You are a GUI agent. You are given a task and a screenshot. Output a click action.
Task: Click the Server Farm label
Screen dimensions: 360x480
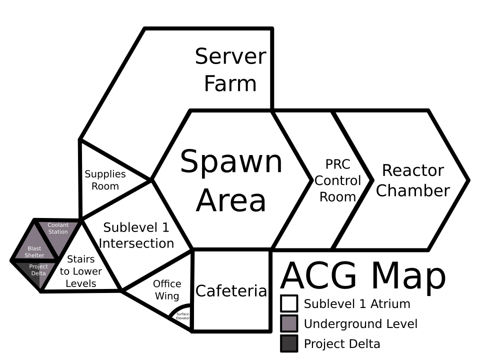[230, 70]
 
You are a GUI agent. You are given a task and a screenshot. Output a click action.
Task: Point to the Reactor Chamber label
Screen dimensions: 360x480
[412, 180]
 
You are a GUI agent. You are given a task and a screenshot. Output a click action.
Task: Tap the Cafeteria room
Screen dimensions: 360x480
[231, 290]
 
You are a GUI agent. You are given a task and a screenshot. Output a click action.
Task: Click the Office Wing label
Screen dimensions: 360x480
[167, 290]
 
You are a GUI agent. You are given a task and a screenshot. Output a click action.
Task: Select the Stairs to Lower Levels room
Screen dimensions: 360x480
[80, 271]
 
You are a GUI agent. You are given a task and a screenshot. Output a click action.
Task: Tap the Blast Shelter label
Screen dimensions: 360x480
[34, 252]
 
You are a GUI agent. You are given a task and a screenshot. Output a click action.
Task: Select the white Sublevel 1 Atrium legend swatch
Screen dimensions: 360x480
[289, 303]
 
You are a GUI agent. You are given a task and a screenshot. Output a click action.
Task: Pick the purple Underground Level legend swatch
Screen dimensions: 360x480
[289, 323]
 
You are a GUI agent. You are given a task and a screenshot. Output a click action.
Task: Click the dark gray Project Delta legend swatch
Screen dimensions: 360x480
[289, 343]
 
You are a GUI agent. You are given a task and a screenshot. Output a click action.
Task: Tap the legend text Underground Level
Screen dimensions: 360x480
[360, 324]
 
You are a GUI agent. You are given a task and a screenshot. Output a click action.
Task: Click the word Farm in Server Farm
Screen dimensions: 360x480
[230, 83]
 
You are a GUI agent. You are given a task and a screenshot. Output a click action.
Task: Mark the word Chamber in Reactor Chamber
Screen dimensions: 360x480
[412, 190]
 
